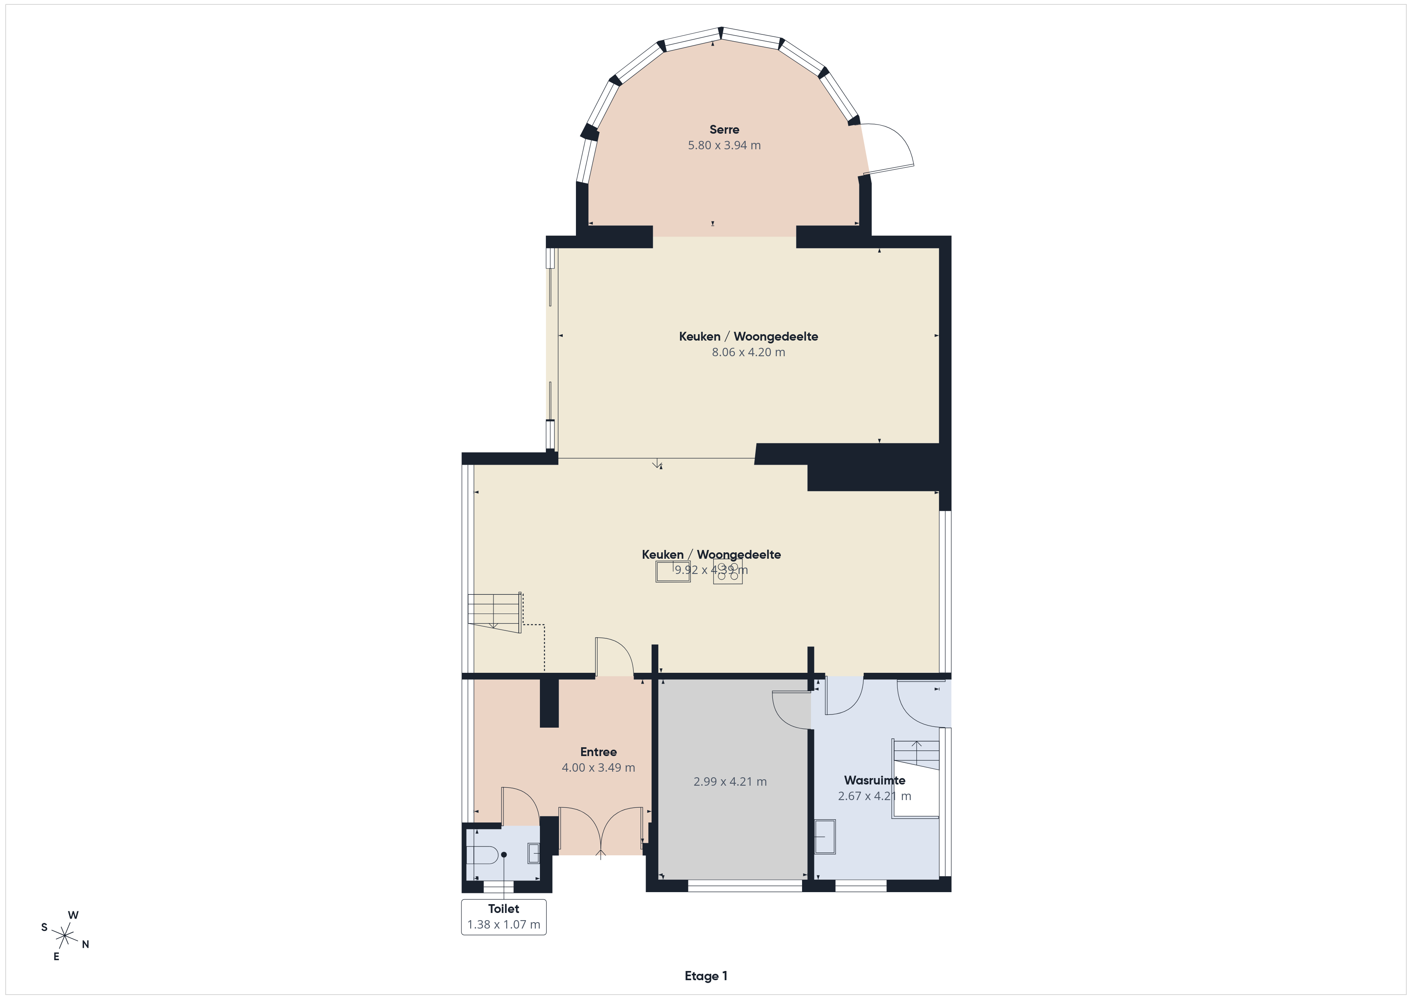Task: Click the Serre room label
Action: tap(724, 130)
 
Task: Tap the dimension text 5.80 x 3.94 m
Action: tap(724, 146)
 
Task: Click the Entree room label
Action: tap(598, 752)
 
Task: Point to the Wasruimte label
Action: tap(874, 780)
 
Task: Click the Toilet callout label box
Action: tap(503, 917)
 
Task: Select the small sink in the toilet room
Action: tap(533, 853)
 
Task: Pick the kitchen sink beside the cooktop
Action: tap(673, 571)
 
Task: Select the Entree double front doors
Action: tap(600, 830)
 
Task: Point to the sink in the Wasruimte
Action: tap(825, 837)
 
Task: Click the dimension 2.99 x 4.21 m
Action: tap(730, 782)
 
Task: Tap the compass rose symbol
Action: tap(64, 936)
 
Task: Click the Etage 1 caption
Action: tap(706, 976)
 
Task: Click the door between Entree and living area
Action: tap(614, 658)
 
